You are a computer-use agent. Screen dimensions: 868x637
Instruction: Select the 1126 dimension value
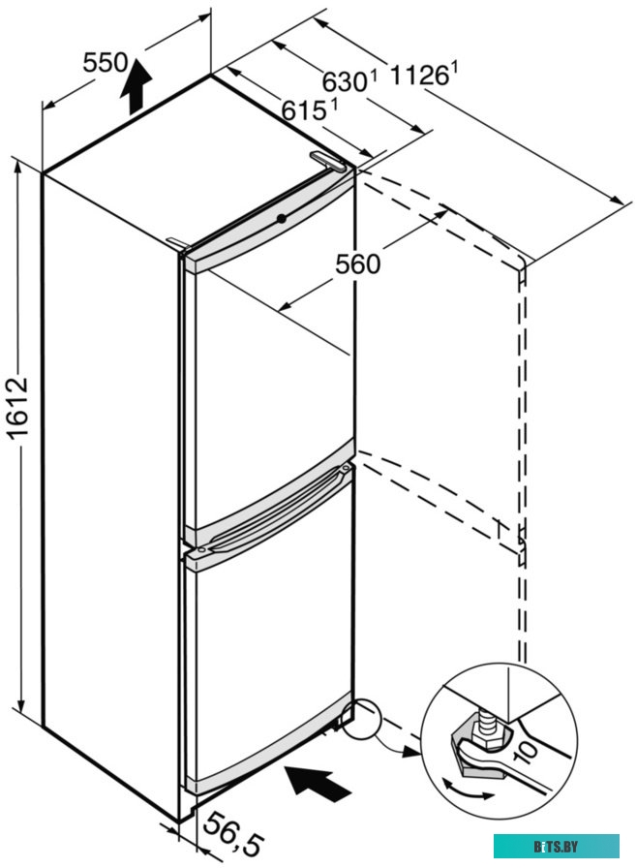click(420, 74)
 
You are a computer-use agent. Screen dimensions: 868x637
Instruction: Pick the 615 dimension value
click(303, 110)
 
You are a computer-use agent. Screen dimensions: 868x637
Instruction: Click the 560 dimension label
click(357, 263)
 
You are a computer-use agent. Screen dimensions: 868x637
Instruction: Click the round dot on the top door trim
click(281, 218)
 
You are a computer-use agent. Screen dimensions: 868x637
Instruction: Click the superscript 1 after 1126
click(453, 65)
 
